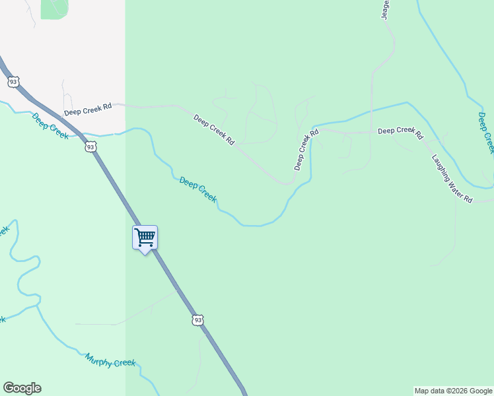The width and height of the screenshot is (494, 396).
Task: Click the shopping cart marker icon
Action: (145, 237)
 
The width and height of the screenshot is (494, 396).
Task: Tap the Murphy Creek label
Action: (110, 360)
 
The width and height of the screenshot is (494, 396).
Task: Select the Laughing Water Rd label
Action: (452, 179)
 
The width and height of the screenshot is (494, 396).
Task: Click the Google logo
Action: (22, 388)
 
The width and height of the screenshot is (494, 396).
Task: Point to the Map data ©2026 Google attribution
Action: (453, 391)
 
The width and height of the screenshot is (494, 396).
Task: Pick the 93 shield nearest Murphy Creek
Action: (198, 320)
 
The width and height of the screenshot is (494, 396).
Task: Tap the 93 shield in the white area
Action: (13, 82)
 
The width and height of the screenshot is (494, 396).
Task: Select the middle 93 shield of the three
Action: (90, 147)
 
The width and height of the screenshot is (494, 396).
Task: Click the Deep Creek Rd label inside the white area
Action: (88, 109)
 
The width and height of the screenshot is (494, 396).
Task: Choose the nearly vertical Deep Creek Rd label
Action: (306, 150)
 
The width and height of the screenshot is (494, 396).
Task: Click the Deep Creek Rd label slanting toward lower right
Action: (214, 129)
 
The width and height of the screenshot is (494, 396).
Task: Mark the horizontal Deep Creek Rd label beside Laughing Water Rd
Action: (400, 132)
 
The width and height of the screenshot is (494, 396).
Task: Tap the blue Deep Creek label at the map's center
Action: (198, 189)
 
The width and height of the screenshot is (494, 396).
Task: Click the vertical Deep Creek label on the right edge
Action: (485, 133)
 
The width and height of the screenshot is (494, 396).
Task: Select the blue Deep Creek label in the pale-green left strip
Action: (50, 126)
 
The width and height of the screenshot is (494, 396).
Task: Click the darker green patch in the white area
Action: (54, 8)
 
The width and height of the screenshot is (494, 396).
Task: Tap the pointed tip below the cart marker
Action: (145, 254)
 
